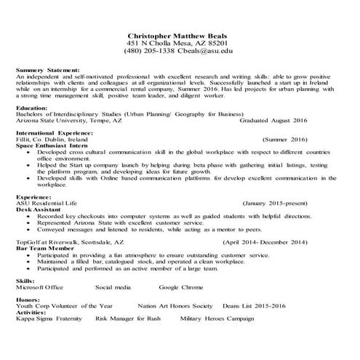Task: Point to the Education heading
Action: coord(32,108)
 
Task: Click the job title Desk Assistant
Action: coord(39,209)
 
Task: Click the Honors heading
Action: coord(28,300)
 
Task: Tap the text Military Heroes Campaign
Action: coord(218,318)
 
